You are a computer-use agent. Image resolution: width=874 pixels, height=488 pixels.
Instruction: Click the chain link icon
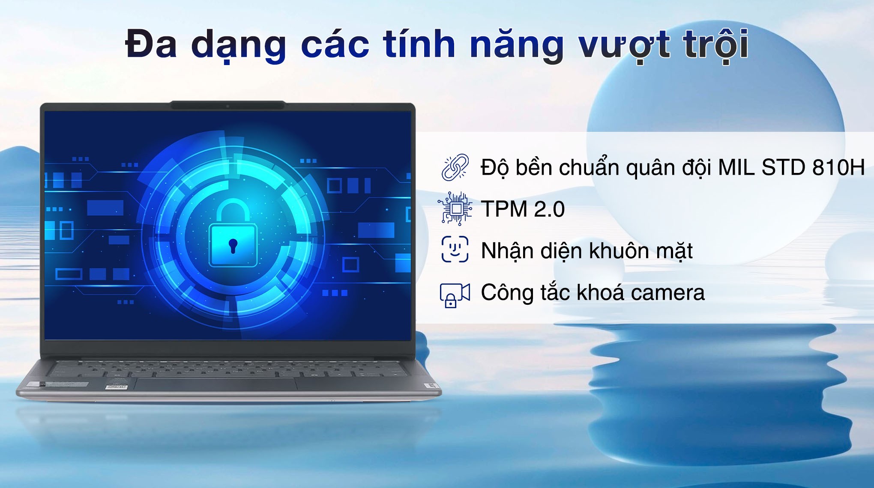pyautogui.click(x=455, y=167)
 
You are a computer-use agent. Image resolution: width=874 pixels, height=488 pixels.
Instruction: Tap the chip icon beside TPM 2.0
pyautogui.click(x=456, y=208)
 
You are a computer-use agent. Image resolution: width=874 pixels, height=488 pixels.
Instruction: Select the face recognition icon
pyautogui.click(x=455, y=249)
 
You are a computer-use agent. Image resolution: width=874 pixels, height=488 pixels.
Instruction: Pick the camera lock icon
pyautogui.click(x=455, y=295)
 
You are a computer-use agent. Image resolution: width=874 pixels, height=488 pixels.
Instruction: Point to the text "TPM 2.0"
pyautogui.click(x=523, y=209)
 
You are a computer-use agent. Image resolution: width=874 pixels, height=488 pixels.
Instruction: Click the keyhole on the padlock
pyautogui.click(x=233, y=246)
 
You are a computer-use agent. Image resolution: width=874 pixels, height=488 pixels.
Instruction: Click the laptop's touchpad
pyautogui.click(x=216, y=384)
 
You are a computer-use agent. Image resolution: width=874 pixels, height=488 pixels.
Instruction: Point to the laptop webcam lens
pyautogui.click(x=227, y=106)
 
